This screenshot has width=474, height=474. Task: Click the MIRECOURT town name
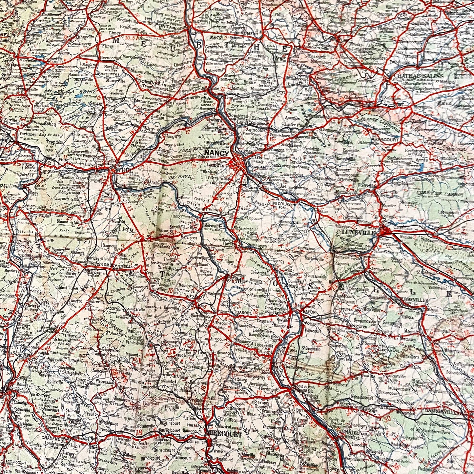224,435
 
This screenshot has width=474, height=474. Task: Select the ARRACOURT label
385,139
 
